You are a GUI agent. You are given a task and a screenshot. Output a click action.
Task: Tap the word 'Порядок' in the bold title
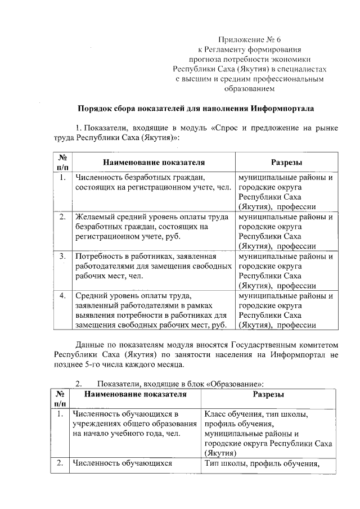(93, 108)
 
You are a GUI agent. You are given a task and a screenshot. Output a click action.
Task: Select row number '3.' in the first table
(62, 256)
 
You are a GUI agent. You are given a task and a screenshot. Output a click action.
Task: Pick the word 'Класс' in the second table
(215, 415)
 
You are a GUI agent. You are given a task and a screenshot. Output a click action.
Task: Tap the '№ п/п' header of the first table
(62, 163)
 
